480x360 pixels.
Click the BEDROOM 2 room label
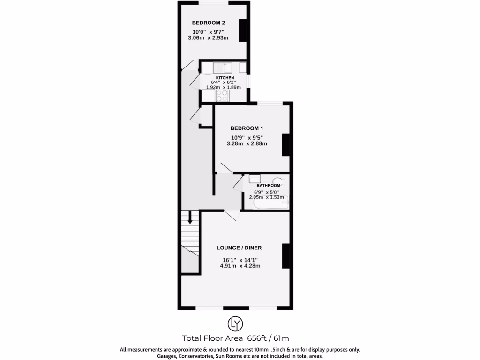209,22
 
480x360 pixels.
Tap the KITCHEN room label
225,78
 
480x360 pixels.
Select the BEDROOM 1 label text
247,128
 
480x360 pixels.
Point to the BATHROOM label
268,186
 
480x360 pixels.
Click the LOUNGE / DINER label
239,247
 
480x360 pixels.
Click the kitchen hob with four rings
222,95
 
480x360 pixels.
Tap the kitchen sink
220,67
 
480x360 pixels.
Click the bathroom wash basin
255,179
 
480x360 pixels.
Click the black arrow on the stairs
190,217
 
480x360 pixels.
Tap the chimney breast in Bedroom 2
243,30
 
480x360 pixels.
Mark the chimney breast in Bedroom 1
285,145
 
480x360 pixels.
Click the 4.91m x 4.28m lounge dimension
240,266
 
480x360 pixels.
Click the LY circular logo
235,323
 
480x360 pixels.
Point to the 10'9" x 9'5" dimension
247,137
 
